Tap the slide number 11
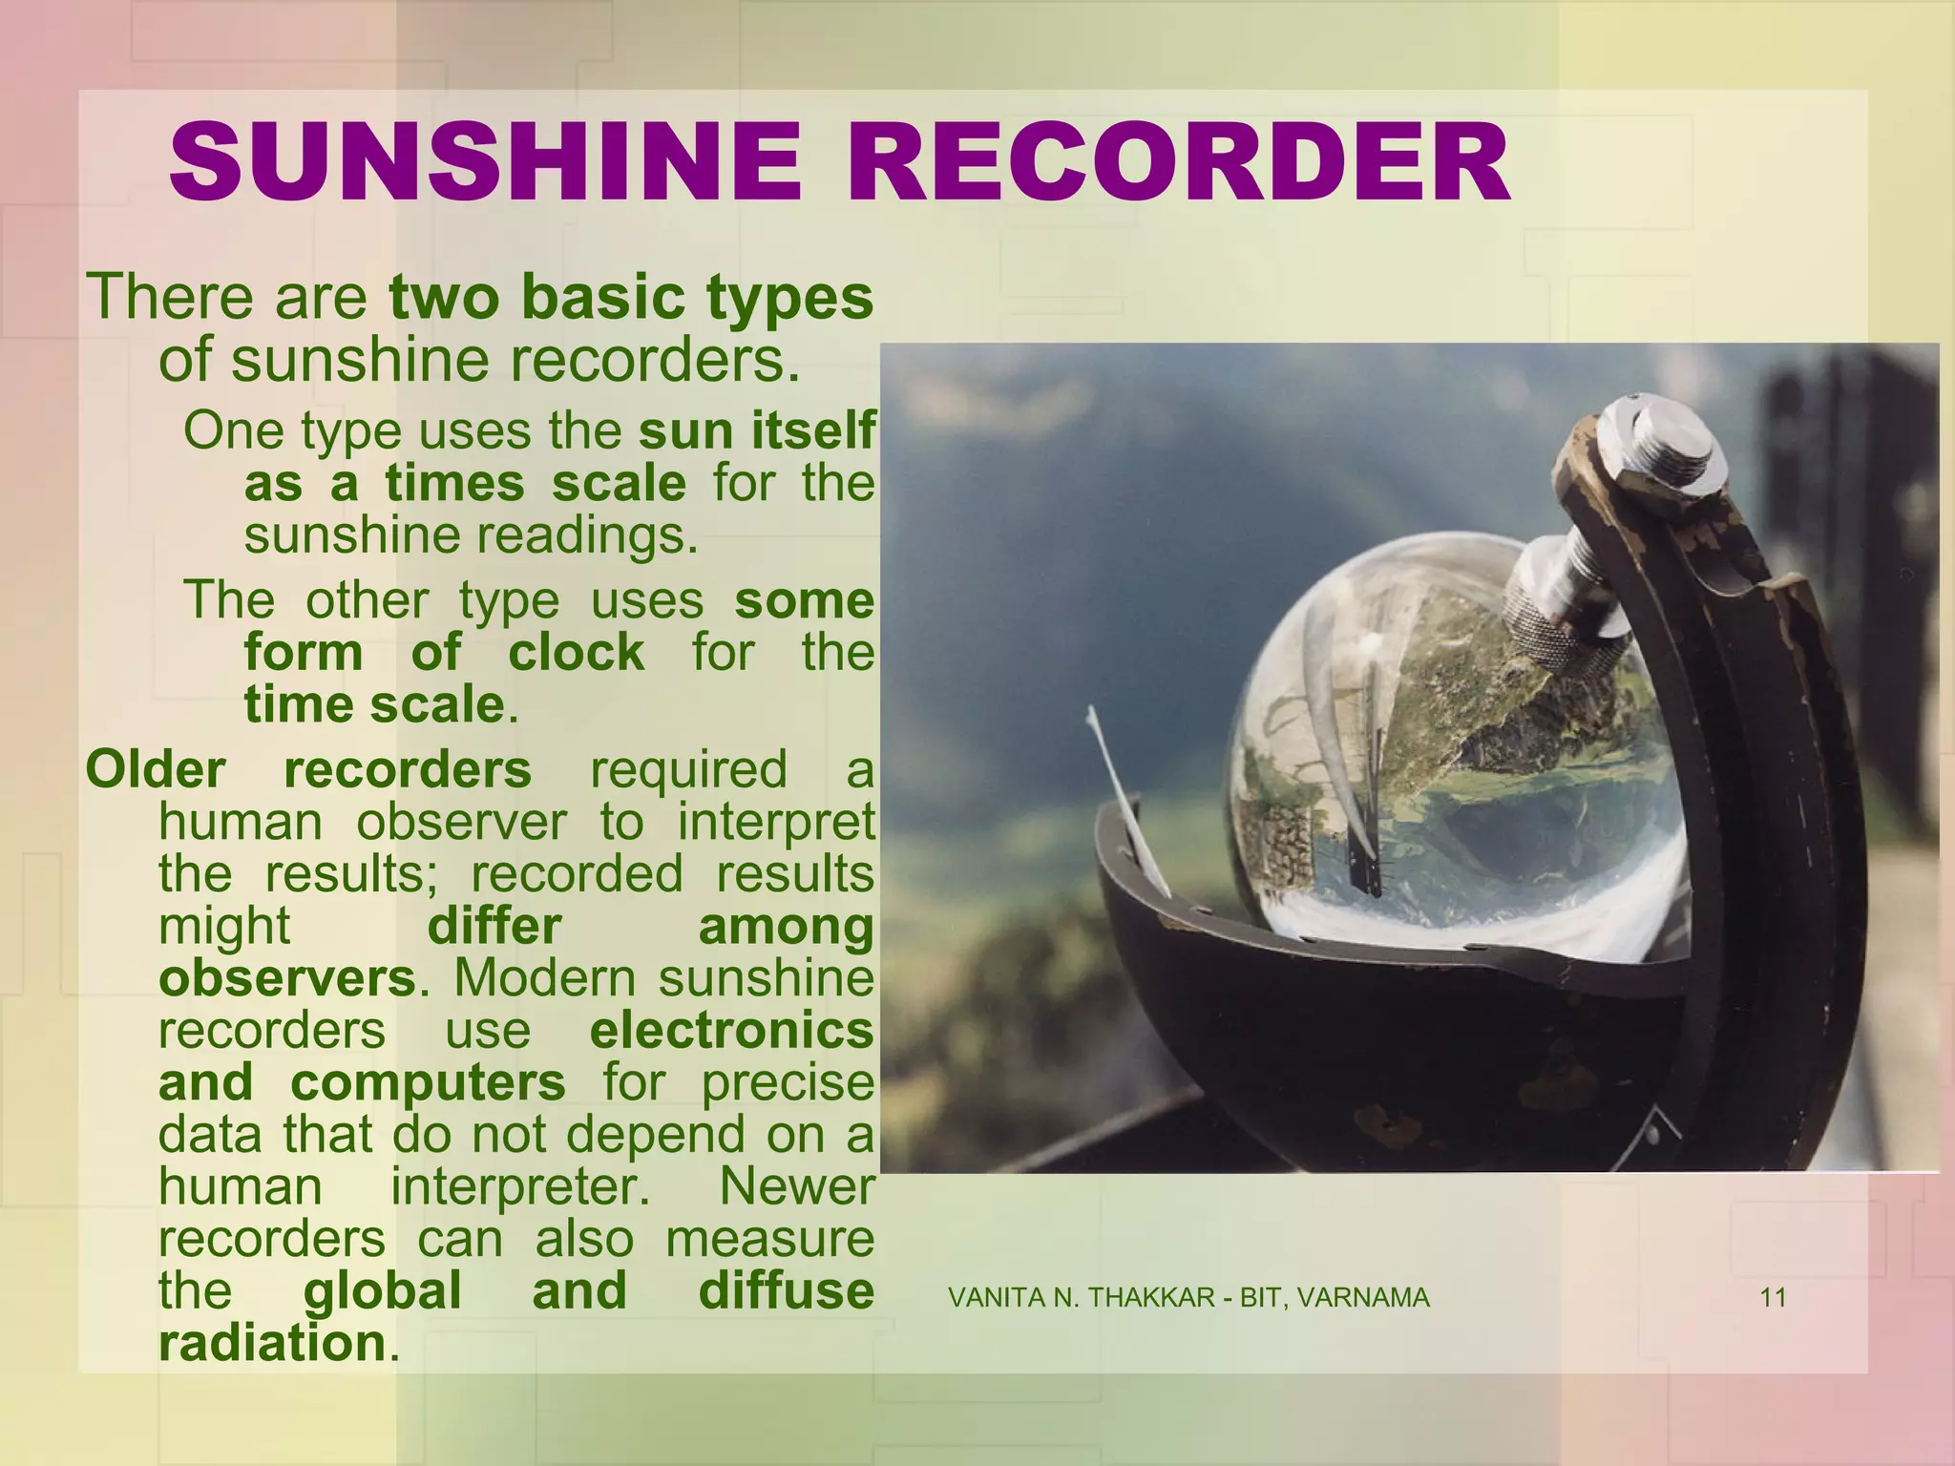[x=1773, y=1298]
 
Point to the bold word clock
[x=576, y=653]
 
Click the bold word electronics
[x=731, y=1031]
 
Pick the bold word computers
[x=428, y=1083]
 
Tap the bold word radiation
[x=272, y=1344]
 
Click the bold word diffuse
[x=786, y=1291]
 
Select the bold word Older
[x=156, y=770]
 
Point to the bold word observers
[x=287, y=979]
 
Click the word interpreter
[x=519, y=1187]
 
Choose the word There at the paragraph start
[x=172, y=298]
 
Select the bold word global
[x=382, y=1291]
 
